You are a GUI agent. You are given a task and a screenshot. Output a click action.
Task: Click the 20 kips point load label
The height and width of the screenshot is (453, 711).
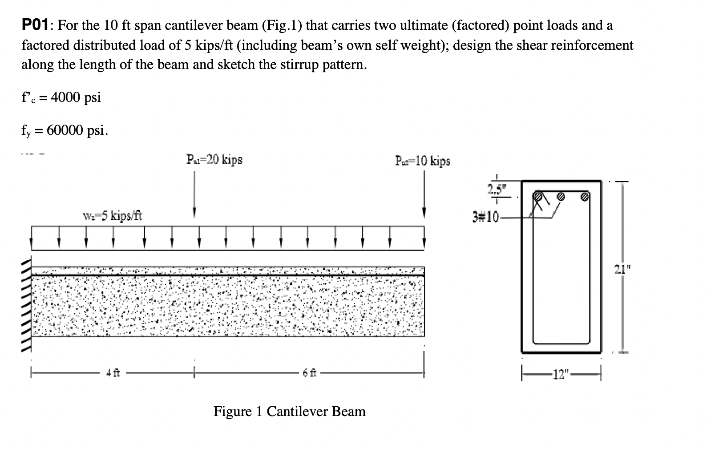pos(214,159)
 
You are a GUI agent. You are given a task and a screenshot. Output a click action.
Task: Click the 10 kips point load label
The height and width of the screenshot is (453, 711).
pos(422,161)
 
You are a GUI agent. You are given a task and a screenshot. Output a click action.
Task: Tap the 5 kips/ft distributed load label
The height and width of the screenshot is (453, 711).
pos(113,217)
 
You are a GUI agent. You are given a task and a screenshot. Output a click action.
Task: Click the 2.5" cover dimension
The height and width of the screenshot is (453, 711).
pos(493,189)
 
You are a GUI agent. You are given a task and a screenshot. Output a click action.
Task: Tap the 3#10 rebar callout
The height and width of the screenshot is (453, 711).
pos(486,218)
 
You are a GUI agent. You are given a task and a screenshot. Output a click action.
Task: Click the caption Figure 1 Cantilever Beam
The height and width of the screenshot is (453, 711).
pos(289,411)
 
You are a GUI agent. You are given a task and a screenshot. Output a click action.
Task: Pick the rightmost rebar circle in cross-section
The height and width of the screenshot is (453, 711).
pos(585,196)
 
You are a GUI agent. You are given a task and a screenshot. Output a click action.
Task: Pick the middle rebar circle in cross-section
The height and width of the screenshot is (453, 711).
pos(561,196)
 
